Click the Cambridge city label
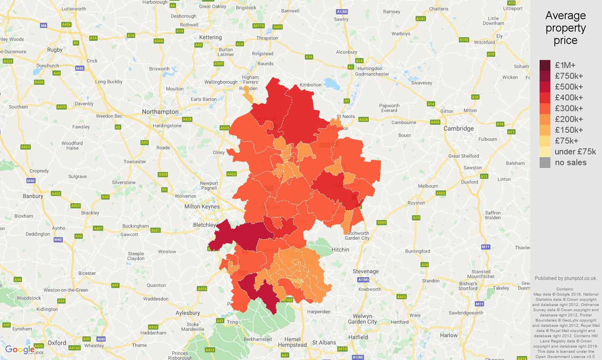pyautogui.click(x=458, y=128)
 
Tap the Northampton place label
pyautogui.click(x=160, y=112)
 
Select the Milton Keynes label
pyautogui.click(x=202, y=207)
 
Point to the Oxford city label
pyautogui.click(x=57, y=343)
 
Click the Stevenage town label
pyautogui.click(x=366, y=271)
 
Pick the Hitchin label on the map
pyautogui.click(x=340, y=250)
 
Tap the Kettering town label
pyautogui.click(x=210, y=37)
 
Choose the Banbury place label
pyautogui.click(x=33, y=196)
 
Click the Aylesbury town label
pyautogui.click(x=188, y=313)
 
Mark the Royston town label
pyautogui.click(x=416, y=203)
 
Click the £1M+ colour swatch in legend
pyautogui.click(x=545, y=65)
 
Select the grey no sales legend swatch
pyautogui.click(x=545, y=162)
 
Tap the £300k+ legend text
pyautogui.click(x=569, y=108)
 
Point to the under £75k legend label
pyautogui.click(x=575, y=152)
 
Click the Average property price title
pyautogui.click(x=565, y=28)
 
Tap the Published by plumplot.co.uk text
pyautogui.click(x=566, y=278)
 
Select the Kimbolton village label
pyautogui.click(x=311, y=85)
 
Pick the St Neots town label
pyautogui.click(x=346, y=116)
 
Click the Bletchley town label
pyautogui.click(x=204, y=225)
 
